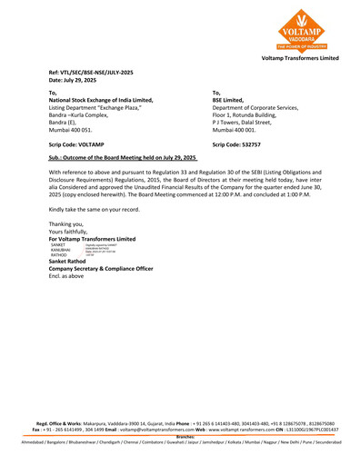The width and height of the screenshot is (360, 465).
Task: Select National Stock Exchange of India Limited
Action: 100,100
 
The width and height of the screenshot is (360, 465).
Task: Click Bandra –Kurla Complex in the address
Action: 82,114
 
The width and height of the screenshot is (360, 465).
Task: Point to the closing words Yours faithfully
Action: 73,231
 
